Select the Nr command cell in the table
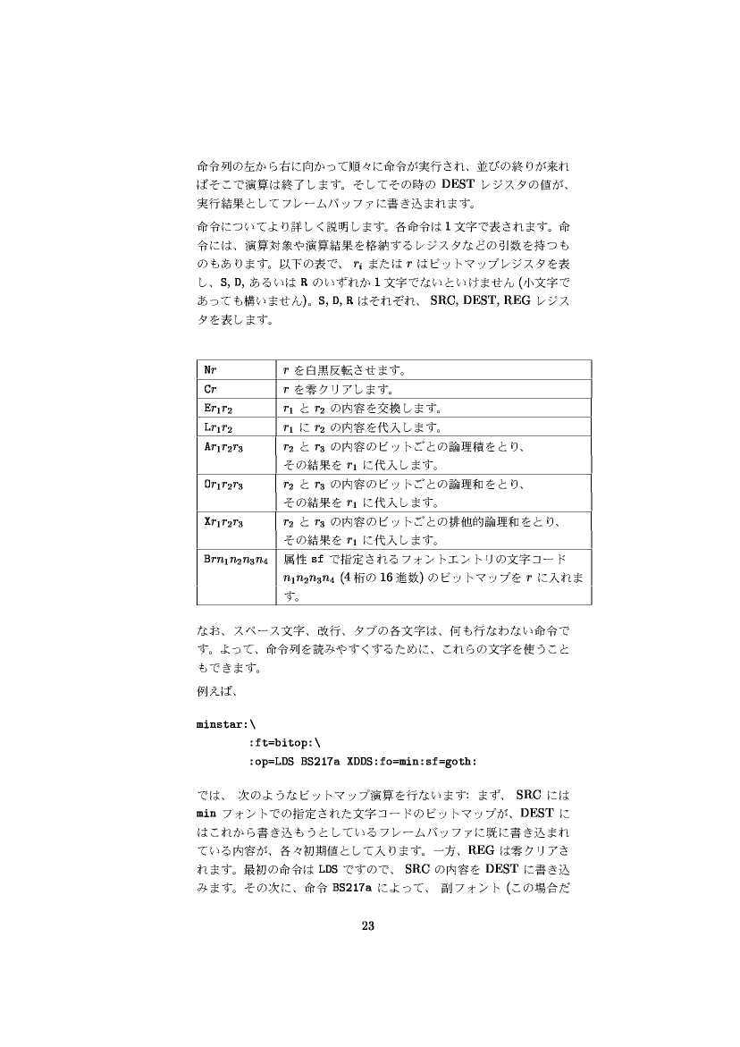(x=210, y=368)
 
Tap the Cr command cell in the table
(x=210, y=390)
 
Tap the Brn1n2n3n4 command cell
(x=236, y=560)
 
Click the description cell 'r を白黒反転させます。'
(x=355, y=368)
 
